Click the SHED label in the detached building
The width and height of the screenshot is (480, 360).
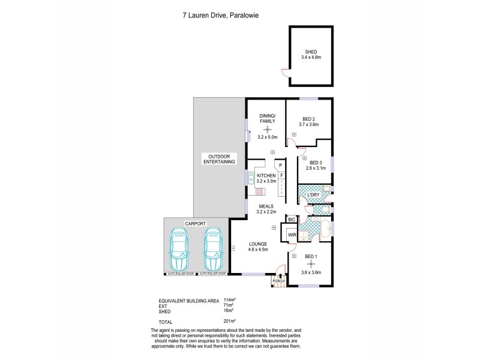[311, 52]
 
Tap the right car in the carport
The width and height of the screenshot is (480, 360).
[212, 249]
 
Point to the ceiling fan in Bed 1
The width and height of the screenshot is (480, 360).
[311, 264]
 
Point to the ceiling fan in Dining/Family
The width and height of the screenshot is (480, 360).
[267, 128]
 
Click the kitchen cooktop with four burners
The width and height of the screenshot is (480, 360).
[260, 191]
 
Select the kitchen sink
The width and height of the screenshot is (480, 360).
[251, 177]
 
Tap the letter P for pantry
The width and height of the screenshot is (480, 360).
[280, 164]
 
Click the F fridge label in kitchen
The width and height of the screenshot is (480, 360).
[280, 175]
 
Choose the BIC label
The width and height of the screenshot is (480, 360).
[292, 220]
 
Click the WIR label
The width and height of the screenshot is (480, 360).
[292, 235]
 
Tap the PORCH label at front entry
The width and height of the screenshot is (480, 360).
[278, 281]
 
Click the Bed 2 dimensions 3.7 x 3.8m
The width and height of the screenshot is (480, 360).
[309, 125]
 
